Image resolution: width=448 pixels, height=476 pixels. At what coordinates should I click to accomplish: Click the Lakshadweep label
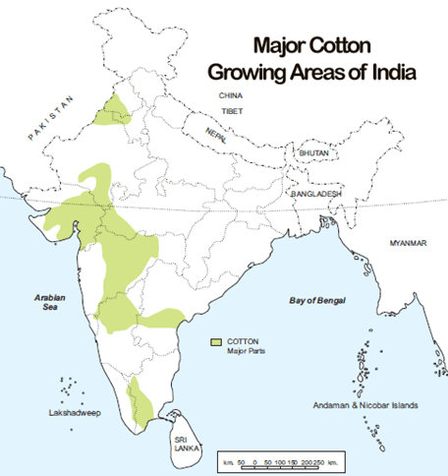(x=57, y=414)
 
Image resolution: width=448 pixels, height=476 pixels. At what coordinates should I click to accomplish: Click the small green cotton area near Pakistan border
(x=115, y=111)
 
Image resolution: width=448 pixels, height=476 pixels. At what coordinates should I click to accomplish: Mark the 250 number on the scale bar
(x=320, y=460)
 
